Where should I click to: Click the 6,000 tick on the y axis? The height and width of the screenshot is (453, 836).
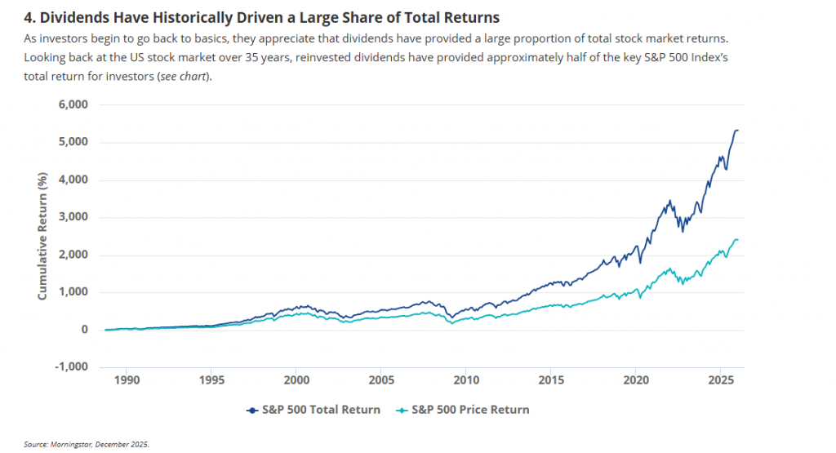coord(71,104)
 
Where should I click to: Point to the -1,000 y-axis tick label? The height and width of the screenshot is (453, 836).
coord(69,366)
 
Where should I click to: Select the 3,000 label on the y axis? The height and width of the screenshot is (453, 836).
coord(71,217)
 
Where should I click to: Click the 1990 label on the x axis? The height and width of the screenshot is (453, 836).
coord(127,380)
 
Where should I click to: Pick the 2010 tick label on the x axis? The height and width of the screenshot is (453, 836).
coord(465,380)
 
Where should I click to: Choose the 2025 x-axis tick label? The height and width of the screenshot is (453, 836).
coord(720,380)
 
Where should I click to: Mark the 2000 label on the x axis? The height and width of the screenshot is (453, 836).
coord(296,380)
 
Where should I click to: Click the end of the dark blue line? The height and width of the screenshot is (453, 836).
coord(738,130)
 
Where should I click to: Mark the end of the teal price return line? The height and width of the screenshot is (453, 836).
coord(738,239)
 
